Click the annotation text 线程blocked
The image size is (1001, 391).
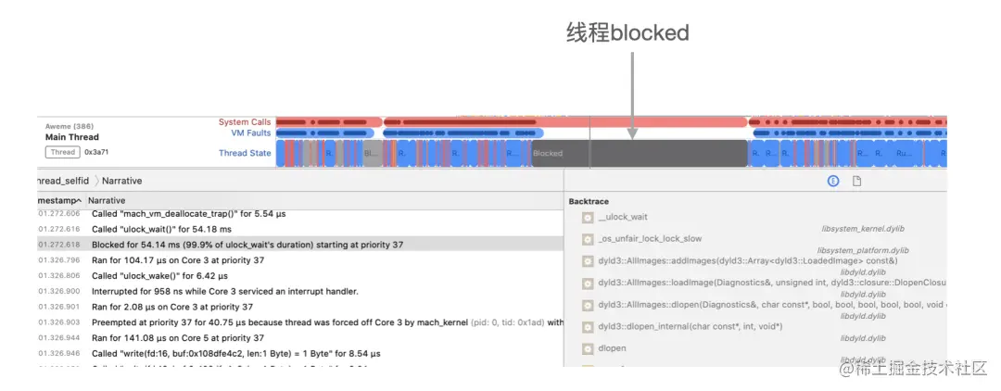pos(627,33)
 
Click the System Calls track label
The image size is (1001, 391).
pos(245,121)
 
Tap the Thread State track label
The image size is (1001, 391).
pos(245,153)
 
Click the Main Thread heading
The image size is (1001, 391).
pos(71,137)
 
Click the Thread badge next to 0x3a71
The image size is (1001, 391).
pos(63,153)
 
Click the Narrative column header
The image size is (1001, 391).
pos(107,200)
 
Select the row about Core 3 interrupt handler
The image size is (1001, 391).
pos(225,291)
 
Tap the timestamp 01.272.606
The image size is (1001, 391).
pos(59,213)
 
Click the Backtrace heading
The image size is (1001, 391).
pos(589,201)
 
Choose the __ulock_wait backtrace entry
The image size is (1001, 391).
pos(623,217)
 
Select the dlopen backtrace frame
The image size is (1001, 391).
pos(613,348)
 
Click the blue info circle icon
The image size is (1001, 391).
pos(834,181)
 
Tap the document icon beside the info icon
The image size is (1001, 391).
pos(857,181)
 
